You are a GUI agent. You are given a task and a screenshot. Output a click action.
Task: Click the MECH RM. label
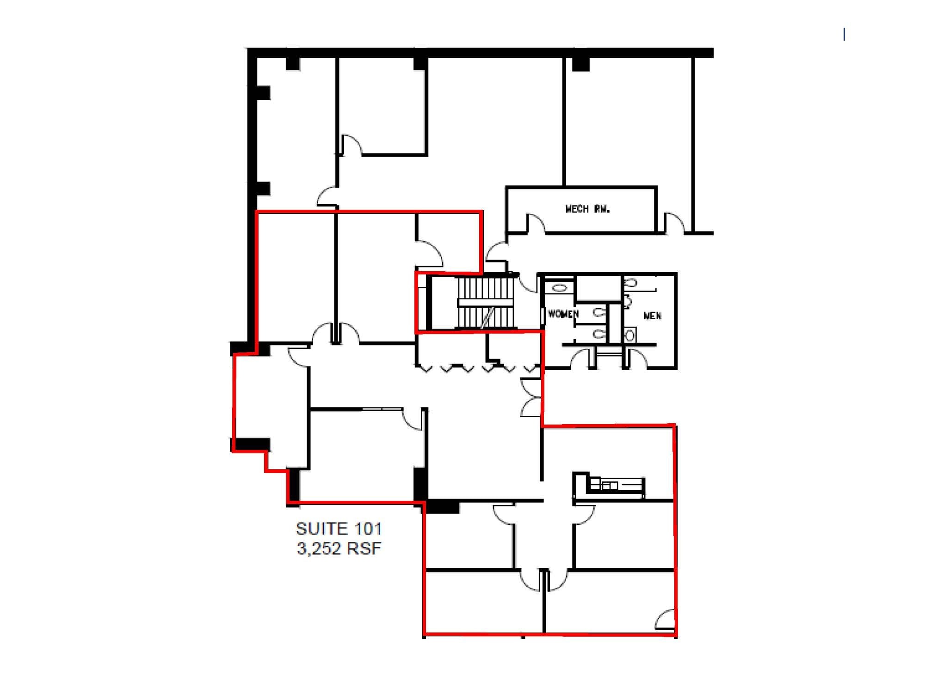click(587, 209)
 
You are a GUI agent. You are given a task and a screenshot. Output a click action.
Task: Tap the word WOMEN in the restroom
click(563, 314)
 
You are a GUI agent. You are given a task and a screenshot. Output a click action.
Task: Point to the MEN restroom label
click(652, 316)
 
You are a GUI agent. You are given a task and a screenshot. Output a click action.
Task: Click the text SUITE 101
click(339, 529)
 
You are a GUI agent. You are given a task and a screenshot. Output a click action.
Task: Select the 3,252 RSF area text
click(339, 549)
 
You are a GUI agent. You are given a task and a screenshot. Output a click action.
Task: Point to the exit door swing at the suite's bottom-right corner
click(665, 620)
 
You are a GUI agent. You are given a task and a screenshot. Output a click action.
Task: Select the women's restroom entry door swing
click(581, 358)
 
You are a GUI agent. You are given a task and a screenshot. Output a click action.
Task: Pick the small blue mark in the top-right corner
click(845, 34)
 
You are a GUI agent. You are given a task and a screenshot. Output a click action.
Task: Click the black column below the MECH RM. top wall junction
click(580, 64)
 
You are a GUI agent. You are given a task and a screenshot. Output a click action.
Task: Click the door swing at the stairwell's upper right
click(527, 283)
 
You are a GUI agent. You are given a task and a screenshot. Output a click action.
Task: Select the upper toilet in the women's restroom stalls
click(600, 312)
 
